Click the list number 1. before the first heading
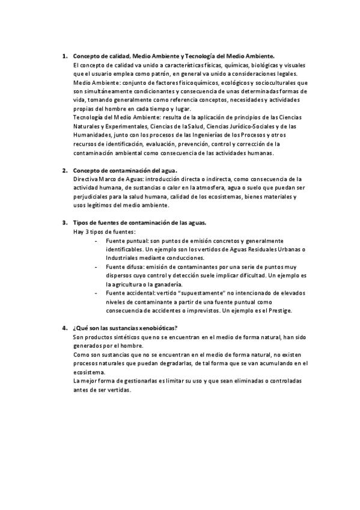(65, 56)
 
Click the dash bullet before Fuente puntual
(98, 241)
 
